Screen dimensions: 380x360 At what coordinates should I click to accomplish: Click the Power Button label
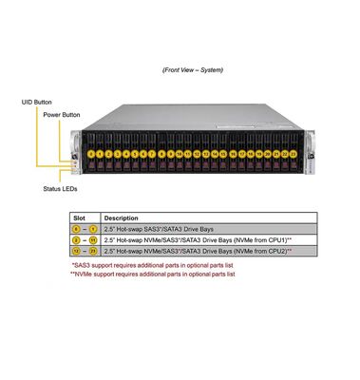tap(60, 114)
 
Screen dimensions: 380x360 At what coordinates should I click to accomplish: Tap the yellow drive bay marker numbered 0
tap(92, 152)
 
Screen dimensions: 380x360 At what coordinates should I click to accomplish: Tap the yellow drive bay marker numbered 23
tap(294, 152)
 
